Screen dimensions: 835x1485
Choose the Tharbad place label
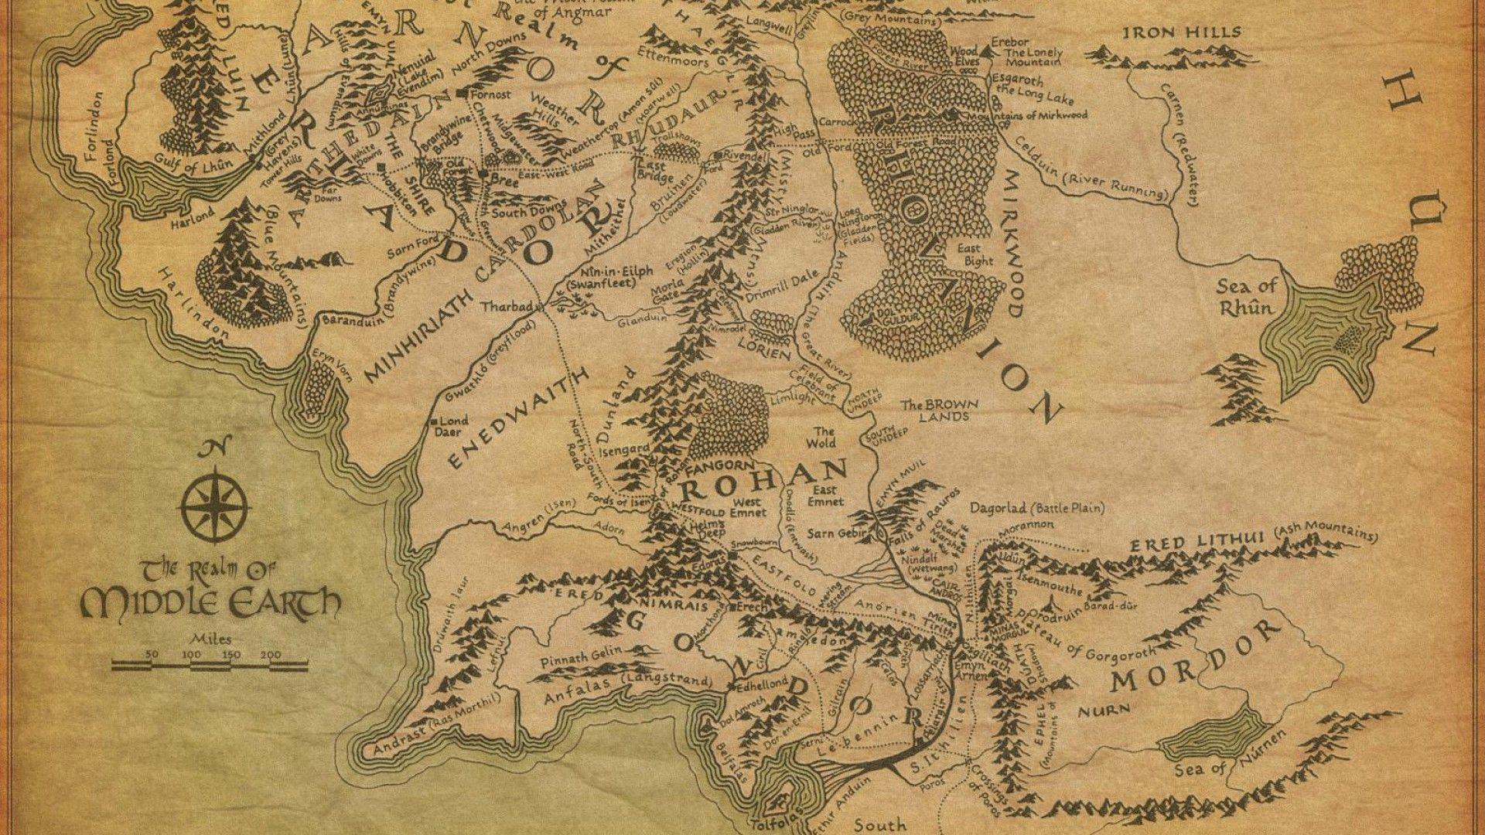(x=507, y=306)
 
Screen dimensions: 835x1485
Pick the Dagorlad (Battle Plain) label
(x=1036, y=508)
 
